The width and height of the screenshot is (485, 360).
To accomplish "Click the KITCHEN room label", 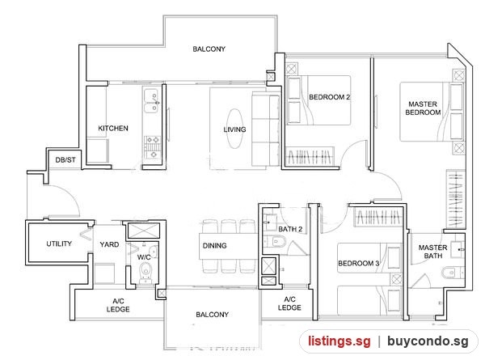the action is (113, 128).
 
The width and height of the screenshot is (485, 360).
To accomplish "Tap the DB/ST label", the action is (65, 160).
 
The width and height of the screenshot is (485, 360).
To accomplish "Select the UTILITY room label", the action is (59, 244).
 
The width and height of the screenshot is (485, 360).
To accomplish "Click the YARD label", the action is (109, 244).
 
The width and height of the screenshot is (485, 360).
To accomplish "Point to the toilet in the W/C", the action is (145, 272).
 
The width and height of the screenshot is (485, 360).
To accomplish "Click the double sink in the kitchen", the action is (151, 100).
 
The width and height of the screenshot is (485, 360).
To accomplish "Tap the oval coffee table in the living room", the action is (234, 129).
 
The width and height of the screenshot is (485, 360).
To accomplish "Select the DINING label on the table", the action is (214, 246).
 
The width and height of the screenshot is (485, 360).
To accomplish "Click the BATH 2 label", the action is (290, 229).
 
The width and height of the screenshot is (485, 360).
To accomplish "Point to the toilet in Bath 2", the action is (274, 241).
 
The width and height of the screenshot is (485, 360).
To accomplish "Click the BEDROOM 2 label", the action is (330, 97).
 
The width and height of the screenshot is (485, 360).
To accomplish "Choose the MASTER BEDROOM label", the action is (423, 108).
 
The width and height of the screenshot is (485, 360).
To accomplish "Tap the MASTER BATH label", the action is (432, 252).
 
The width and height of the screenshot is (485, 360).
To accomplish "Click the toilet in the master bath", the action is (452, 273).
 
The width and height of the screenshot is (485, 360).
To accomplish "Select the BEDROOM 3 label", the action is (358, 264).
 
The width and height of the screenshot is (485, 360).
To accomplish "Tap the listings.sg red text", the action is (339, 341).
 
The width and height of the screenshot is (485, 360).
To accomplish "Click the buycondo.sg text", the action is (428, 341).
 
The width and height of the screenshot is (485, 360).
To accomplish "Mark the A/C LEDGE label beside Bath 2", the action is (289, 303).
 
